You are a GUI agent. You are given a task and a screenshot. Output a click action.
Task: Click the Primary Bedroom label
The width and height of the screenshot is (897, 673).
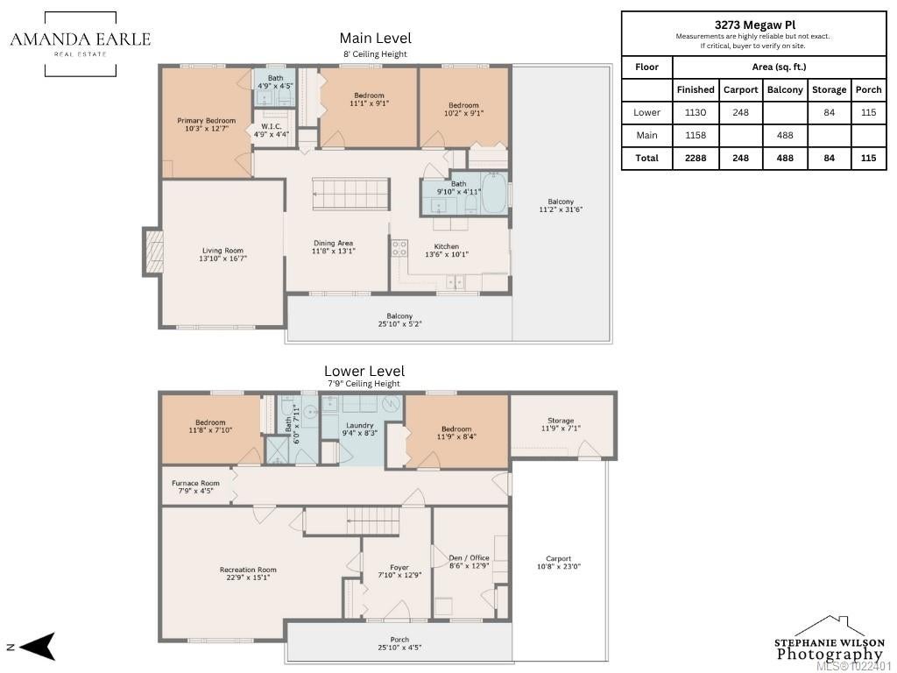206,121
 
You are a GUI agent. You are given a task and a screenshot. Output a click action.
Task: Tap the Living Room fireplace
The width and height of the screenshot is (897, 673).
152,251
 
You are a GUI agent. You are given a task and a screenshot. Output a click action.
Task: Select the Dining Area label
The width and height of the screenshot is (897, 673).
333,244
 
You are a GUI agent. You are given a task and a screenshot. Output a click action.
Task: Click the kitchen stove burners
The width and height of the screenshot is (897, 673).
399,248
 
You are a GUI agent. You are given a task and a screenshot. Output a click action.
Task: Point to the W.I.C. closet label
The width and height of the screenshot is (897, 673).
272,126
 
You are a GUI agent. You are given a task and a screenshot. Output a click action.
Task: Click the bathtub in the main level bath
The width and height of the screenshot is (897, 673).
494,192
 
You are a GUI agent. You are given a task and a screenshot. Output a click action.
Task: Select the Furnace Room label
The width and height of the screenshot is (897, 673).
195,483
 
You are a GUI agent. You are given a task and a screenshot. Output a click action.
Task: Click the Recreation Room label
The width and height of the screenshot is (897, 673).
248,570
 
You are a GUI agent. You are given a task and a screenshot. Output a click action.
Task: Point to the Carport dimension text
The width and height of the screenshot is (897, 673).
558,567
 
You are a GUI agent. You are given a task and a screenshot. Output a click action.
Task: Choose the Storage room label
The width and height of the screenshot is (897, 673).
561,420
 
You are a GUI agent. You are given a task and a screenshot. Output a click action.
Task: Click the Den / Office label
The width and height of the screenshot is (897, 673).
470,557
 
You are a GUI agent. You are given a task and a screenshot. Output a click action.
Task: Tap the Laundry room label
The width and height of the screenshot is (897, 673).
359,425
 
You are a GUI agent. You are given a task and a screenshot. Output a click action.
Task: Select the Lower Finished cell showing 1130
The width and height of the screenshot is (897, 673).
695,112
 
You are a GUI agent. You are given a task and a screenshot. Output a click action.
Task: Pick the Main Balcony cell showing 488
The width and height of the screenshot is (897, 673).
785,135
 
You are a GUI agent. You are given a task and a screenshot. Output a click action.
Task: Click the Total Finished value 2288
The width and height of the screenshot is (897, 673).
695,158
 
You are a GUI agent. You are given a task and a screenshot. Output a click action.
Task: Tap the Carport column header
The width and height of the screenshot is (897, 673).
740,90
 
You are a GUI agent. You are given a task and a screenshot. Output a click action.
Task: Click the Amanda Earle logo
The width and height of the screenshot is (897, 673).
81,44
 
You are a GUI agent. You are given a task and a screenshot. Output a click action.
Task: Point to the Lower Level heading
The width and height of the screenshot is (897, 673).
364,371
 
